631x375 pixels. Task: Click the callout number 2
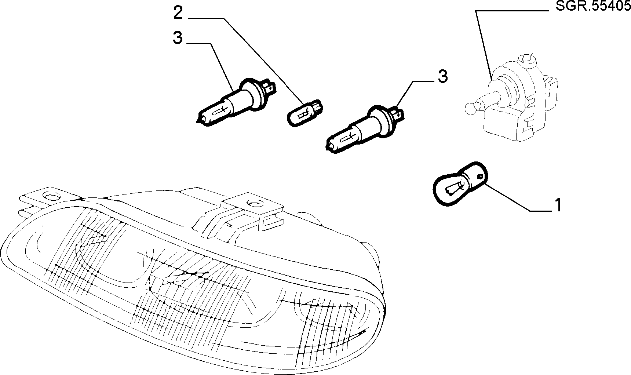coord(178,13)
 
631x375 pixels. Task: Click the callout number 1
coord(558,205)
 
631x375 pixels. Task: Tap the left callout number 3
coord(178,38)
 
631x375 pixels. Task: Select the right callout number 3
coord(443,76)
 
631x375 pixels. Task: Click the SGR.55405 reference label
coord(593,7)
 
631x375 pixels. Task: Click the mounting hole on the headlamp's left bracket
coord(49,196)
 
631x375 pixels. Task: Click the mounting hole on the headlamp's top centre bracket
coord(254,203)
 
